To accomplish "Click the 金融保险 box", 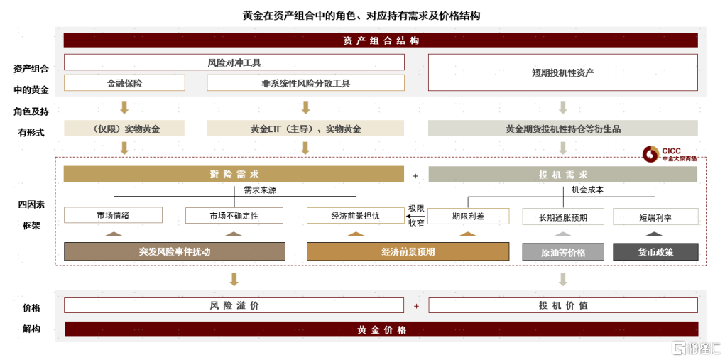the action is pyautogui.click(x=124, y=82).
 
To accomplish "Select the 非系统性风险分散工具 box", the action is pyautogui.click(x=305, y=82).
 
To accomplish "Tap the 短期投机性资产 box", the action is pyautogui.click(x=562, y=72).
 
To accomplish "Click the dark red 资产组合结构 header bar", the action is pyautogui.click(x=381, y=40).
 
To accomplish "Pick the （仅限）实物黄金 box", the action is pyautogui.click(x=124, y=129).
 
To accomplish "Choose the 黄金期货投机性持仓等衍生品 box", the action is pyautogui.click(x=562, y=129).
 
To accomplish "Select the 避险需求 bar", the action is pyautogui.click(x=234, y=174).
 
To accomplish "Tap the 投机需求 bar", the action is pyautogui.click(x=562, y=174).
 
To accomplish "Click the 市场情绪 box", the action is pyautogui.click(x=114, y=215).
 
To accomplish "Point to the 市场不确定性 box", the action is pyautogui.click(x=234, y=215).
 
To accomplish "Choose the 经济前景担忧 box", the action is pyautogui.click(x=356, y=215).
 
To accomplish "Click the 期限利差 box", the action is pyautogui.click(x=469, y=216).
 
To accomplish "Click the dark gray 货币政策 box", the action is pyautogui.click(x=655, y=252).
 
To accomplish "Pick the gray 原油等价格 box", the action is pyautogui.click(x=562, y=252).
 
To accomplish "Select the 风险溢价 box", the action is pyautogui.click(x=234, y=305).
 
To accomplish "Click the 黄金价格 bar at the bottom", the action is pyautogui.click(x=381, y=329).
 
